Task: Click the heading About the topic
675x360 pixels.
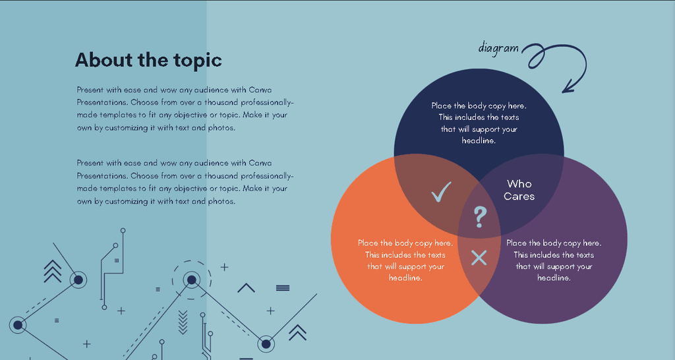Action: point(148,60)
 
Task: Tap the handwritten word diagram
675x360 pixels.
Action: point(498,47)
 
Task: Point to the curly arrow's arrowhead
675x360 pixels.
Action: point(569,86)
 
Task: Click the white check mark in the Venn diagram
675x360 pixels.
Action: point(441,192)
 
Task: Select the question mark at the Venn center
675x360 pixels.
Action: point(480,217)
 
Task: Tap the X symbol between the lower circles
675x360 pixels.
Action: point(479,258)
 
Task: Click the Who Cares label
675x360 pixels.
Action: point(519,190)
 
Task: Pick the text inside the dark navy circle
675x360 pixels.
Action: point(479,123)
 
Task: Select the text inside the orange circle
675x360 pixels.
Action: point(405,260)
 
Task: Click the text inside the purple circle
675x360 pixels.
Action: point(554,260)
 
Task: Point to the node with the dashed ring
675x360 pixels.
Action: point(192,280)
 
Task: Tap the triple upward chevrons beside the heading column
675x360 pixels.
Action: point(53,271)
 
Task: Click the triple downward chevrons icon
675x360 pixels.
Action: point(183,322)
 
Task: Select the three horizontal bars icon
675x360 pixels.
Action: point(283,288)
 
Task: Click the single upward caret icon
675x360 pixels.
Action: point(247,287)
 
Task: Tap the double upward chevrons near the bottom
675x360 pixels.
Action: point(297,332)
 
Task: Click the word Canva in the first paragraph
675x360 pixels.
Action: point(260,90)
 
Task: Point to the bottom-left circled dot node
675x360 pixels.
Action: point(18,325)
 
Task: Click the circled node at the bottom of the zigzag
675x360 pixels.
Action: point(266,344)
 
